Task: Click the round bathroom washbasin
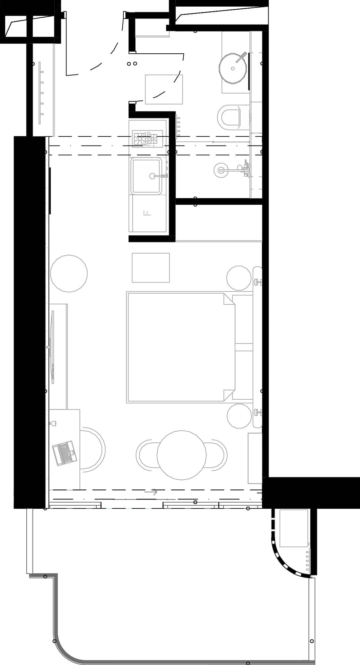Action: coord(233,68)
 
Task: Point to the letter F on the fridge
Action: coord(147,213)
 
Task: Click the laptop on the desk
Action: coord(64,452)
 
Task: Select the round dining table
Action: coord(182,455)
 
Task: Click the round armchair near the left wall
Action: coord(69,273)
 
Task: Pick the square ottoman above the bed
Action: coord(151,267)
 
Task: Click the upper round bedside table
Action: coord(239,278)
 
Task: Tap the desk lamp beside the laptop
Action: coord(53,423)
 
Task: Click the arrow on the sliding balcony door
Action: coord(151,492)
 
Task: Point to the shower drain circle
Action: coord(221,170)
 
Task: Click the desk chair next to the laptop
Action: coord(93,450)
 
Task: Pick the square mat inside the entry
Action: coord(164,89)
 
